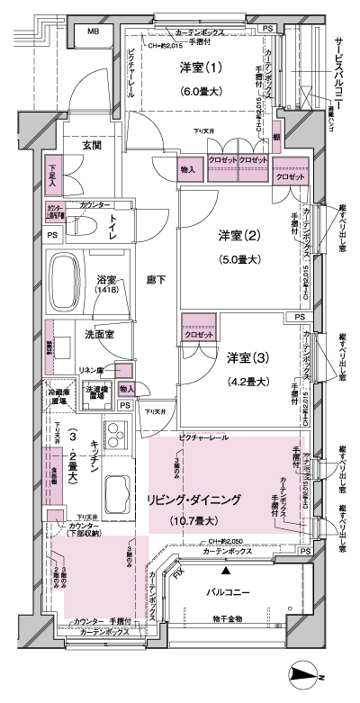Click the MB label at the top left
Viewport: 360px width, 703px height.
click(x=93, y=32)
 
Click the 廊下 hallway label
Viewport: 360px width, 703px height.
click(x=157, y=280)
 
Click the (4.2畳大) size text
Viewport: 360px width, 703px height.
click(x=244, y=382)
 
